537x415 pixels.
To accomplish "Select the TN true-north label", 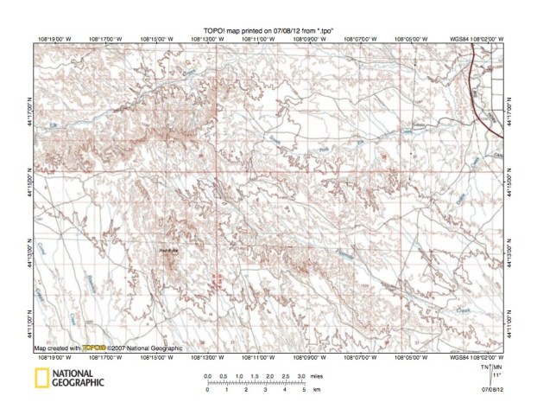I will pyautogui.click(x=484, y=367).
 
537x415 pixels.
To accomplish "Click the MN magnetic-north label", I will pyautogui.click(x=497, y=367).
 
